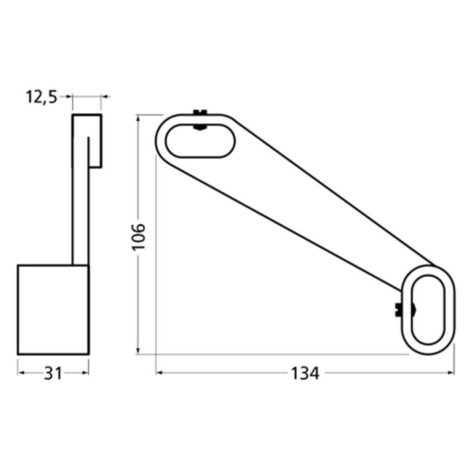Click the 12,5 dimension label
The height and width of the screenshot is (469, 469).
pyautogui.click(x=42, y=97)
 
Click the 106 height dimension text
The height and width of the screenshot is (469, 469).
pyautogui.click(x=138, y=235)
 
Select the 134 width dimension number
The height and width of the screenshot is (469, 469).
pyautogui.click(x=306, y=373)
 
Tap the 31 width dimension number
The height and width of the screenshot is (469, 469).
pyautogui.click(x=52, y=373)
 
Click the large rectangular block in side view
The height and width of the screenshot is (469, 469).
pyautogui.click(x=53, y=309)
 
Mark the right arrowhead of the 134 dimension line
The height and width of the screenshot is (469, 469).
pyautogui.click(x=451, y=373)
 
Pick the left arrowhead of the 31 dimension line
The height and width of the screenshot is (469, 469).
pyautogui.click(x=21, y=373)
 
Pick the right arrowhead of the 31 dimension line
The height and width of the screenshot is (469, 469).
pyautogui.click(x=85, y=373)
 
